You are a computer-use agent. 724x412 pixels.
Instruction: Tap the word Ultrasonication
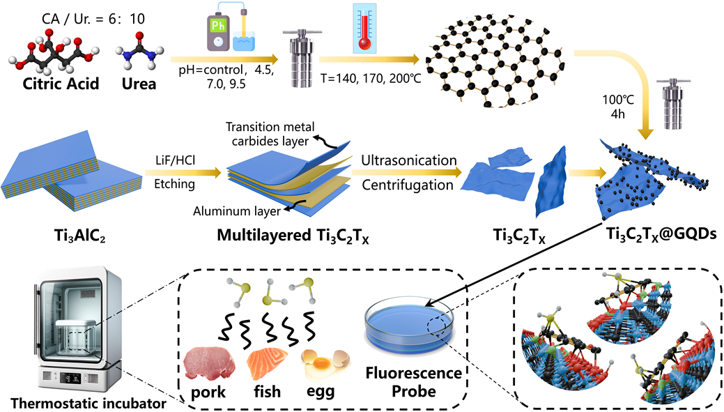(408, 160)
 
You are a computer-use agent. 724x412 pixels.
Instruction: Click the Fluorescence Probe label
(415, 382)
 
